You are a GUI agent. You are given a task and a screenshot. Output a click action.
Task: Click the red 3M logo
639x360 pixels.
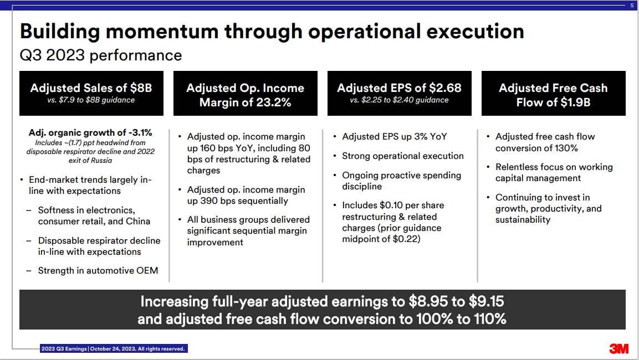tap(619, 348)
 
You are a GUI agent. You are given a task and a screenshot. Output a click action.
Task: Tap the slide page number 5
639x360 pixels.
tap(632, 6)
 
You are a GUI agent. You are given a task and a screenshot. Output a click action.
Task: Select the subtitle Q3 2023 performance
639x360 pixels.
tap(101, 55)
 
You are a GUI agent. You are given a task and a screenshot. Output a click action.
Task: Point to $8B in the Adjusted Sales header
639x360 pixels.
tap(141, 88)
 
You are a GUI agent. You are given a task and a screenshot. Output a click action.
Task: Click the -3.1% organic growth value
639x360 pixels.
tap(140, 132)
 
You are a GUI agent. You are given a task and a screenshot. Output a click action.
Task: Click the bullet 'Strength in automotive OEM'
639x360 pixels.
tap(98, 270)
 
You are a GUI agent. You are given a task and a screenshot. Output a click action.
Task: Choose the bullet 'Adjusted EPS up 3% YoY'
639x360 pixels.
tap(395, 136)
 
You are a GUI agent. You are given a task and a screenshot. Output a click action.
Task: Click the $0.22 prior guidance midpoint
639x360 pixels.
tap(406, 239)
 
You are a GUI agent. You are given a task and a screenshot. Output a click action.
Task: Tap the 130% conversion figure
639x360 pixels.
tap(566, 148)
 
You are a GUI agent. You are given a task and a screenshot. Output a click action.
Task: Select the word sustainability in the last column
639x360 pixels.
tap(523, 220)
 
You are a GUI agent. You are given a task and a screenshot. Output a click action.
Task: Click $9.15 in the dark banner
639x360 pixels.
tap(486, 301)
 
